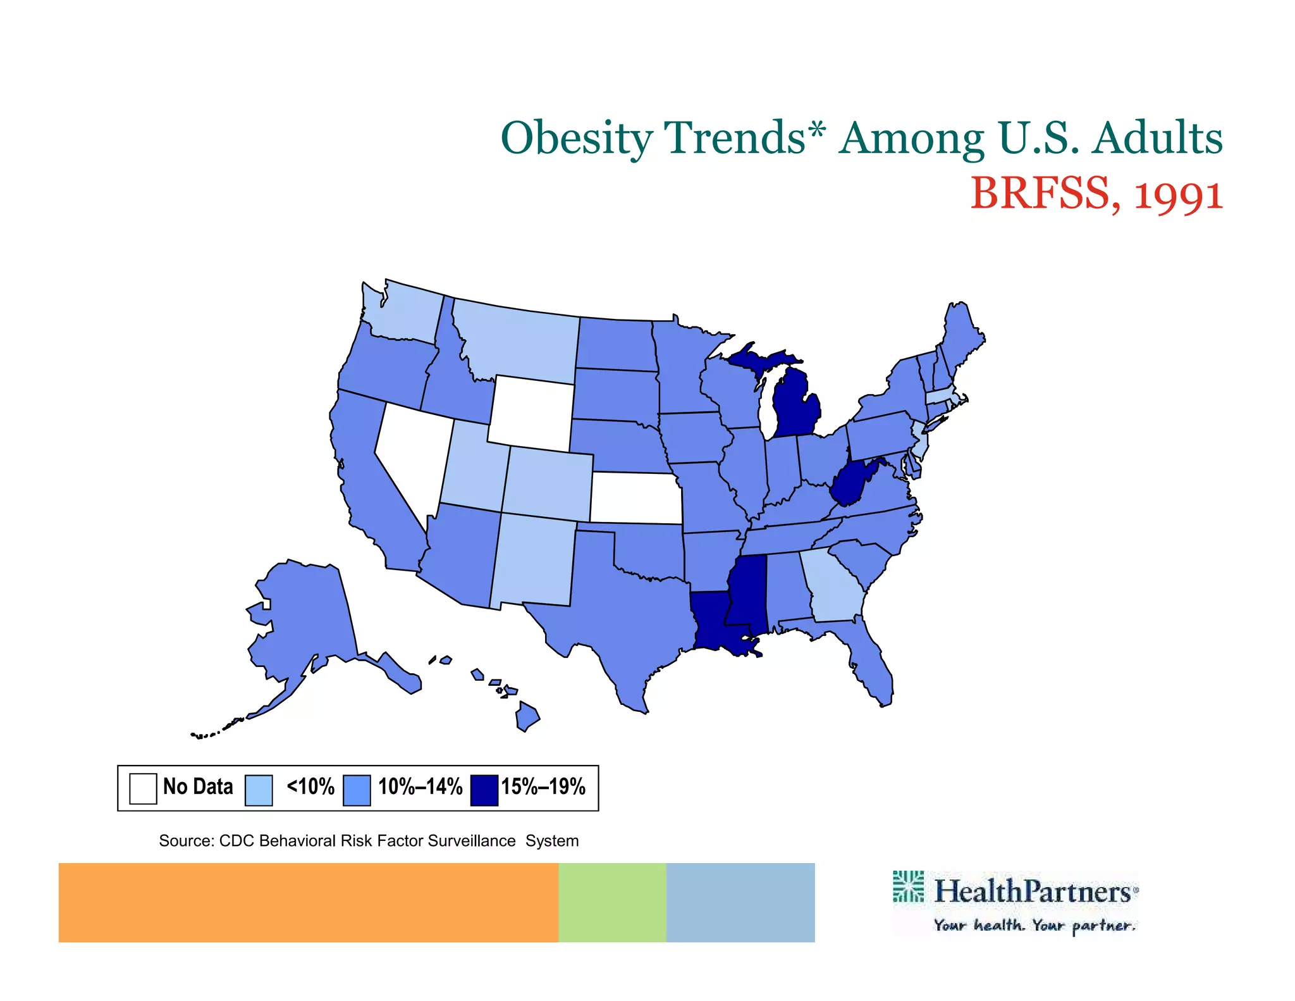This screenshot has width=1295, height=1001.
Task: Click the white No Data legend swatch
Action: (143, 788)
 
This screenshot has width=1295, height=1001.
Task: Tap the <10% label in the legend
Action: (310, 786)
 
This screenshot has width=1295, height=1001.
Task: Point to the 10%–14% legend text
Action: (420, 786)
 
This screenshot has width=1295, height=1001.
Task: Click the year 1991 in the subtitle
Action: (1178, 194)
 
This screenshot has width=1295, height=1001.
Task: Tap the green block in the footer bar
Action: (612, 902)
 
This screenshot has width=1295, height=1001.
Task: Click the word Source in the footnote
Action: (186, 841)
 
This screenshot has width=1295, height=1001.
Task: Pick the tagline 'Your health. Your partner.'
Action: (1034, 926)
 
